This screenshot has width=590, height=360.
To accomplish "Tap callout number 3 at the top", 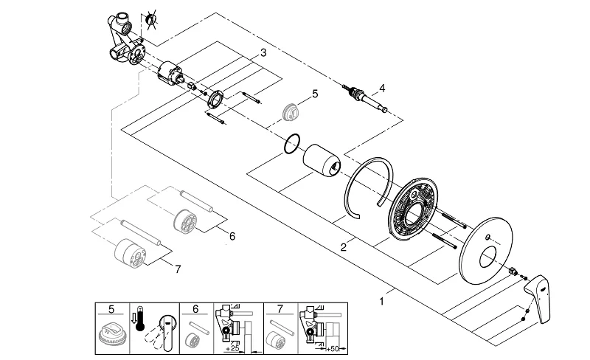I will coord(263,54).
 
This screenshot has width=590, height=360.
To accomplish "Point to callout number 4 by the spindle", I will coord(383,89).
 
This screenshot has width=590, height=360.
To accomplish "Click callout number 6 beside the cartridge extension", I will coord(231,237).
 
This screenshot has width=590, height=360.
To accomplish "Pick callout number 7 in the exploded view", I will coord(176,270).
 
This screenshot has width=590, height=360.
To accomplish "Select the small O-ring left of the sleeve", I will coord(292,144).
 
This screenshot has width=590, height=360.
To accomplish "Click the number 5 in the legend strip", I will coord(111,309).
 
